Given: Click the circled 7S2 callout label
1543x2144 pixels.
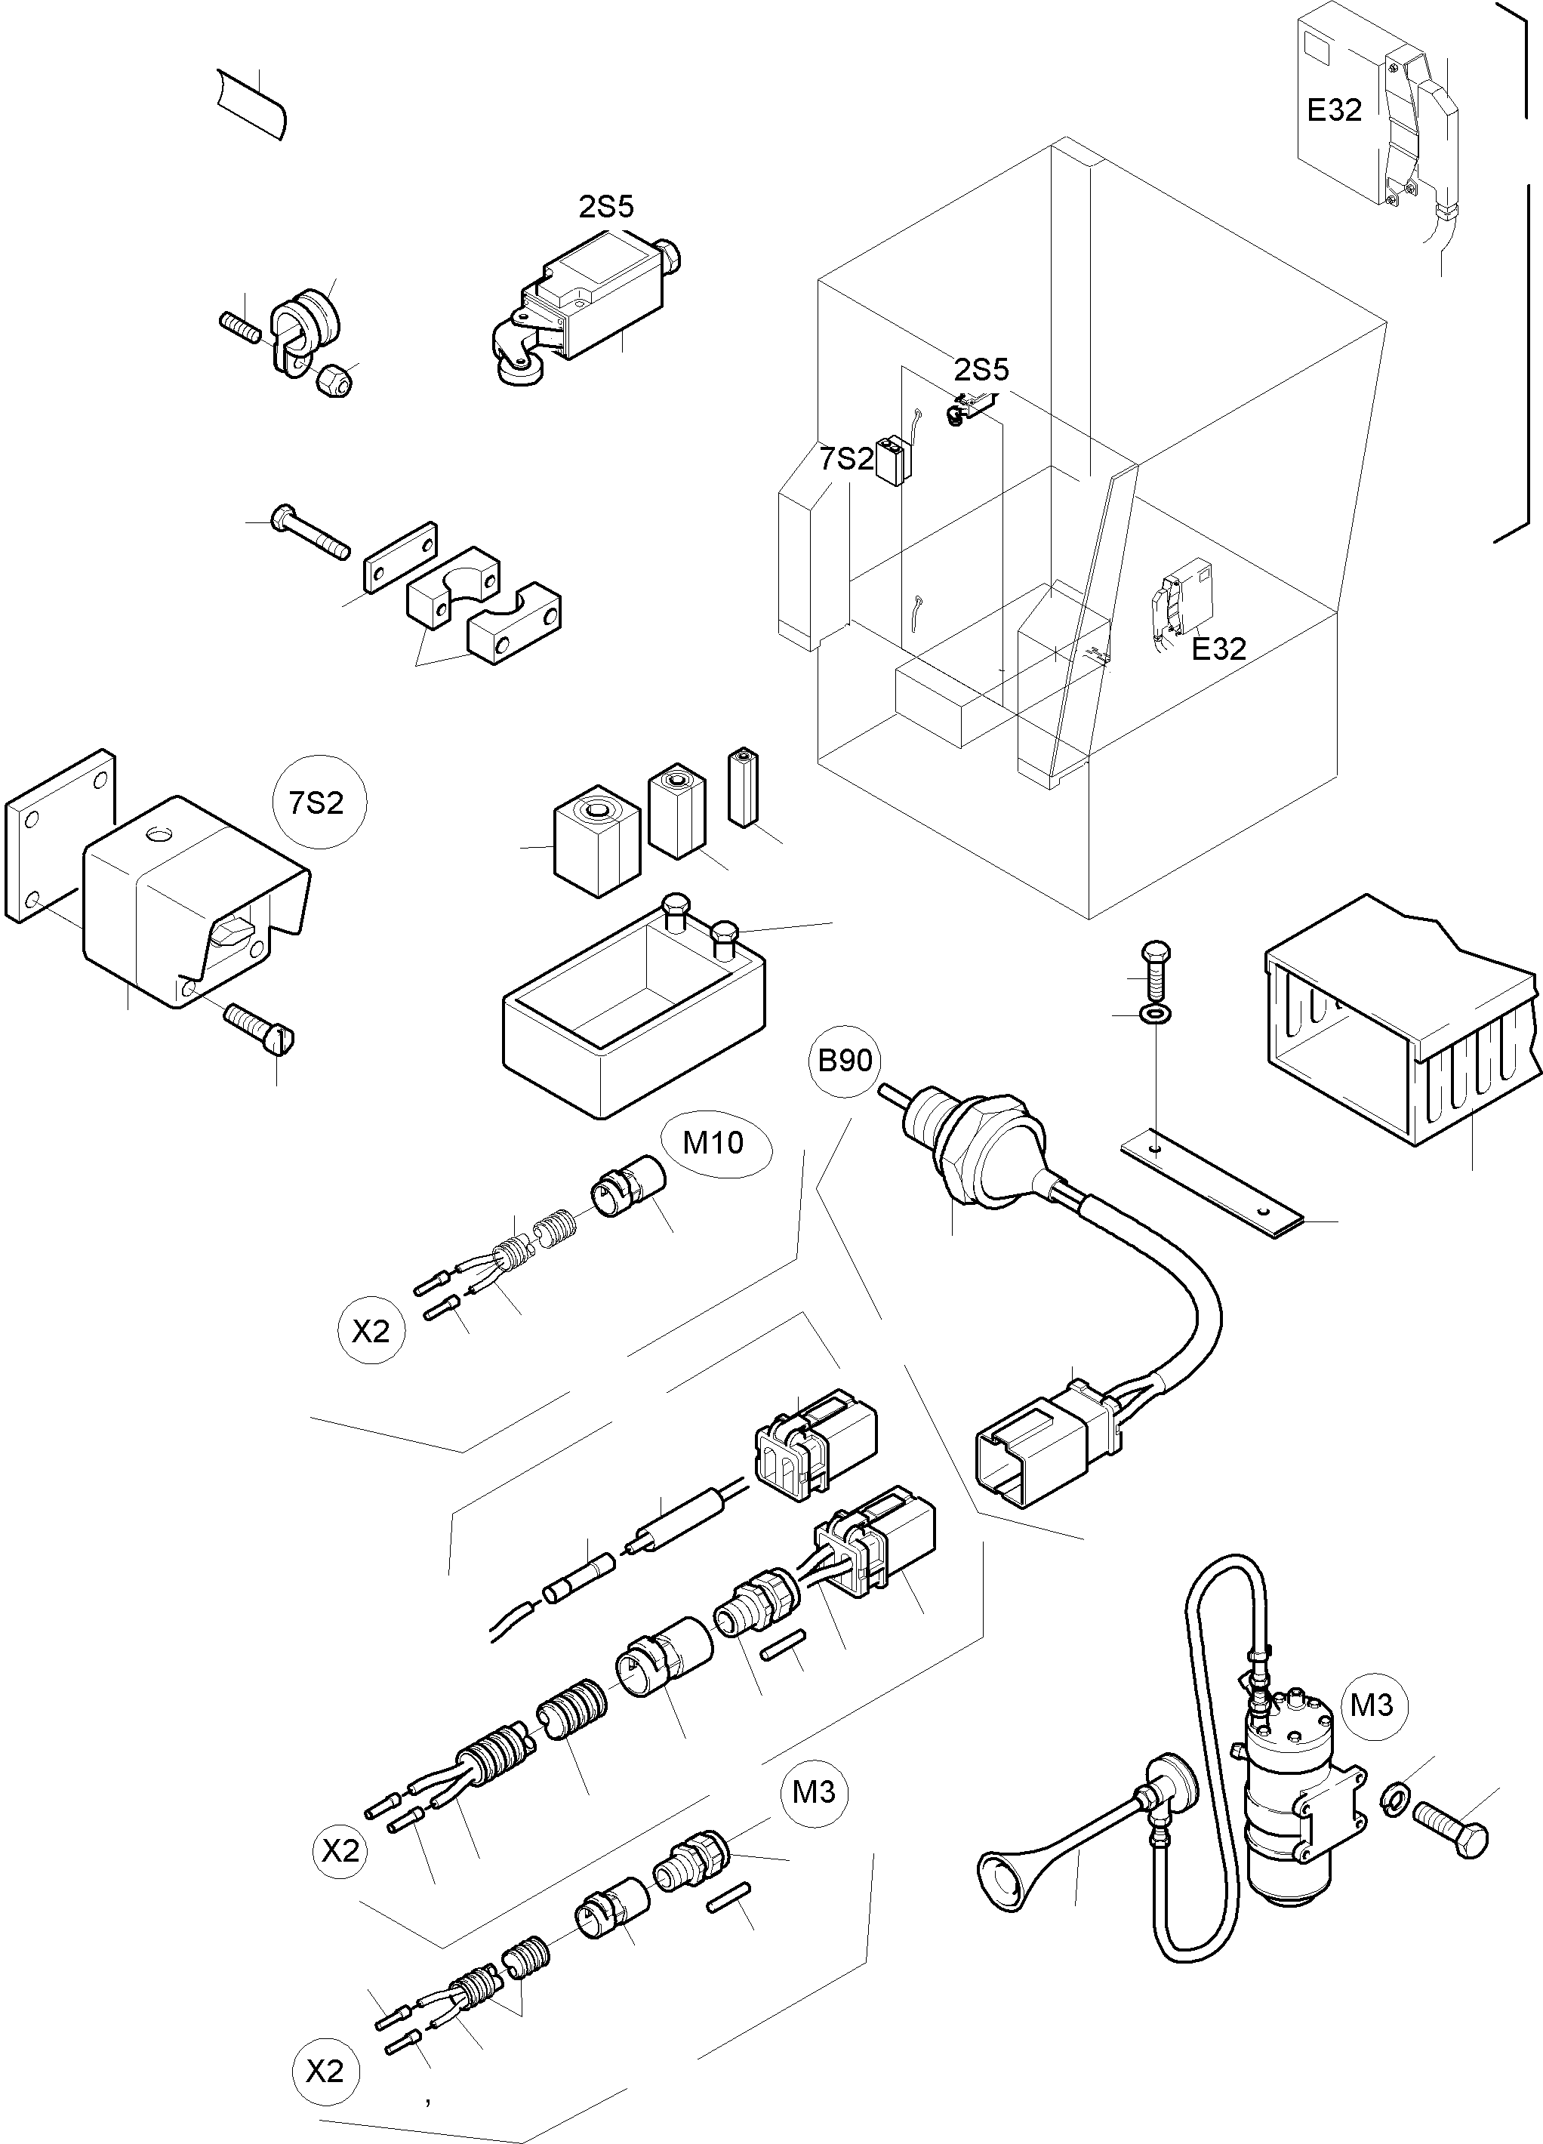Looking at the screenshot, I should click(x=317, y=802).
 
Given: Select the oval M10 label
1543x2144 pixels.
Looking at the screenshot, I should click(x=714, y=1143).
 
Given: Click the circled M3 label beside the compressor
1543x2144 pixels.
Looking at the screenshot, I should click(x=1371, y=1705).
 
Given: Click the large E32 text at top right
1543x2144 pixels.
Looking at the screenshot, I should click(x=1334, y=111).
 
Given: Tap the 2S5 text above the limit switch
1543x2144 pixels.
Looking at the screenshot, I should click(x=606, y=207).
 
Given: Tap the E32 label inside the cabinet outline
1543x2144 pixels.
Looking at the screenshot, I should click(x=1218, y=648).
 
